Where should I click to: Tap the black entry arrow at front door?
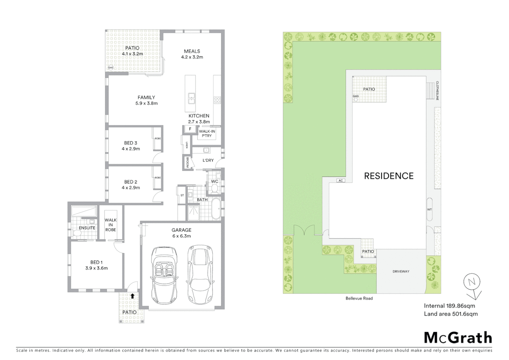point(133,296)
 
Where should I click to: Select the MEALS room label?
point(192,51)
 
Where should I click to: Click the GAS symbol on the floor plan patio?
point(111,68)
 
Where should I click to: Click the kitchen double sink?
point(191,98)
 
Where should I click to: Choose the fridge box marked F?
point(190,129)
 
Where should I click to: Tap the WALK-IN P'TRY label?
point(207,133)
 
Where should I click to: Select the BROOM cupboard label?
point(188,162)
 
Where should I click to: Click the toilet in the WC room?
point(215,189)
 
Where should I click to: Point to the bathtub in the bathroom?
point(216,209)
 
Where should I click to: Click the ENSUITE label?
point(87,228)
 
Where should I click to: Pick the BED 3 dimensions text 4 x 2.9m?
point(131,149)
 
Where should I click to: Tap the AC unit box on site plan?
point(340,181)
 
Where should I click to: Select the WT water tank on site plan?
point(429,209)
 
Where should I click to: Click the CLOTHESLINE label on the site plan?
point(437,91)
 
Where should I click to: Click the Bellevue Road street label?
point(359,298)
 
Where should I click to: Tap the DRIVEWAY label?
point(401,271)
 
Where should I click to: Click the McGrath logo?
point(458,338)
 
